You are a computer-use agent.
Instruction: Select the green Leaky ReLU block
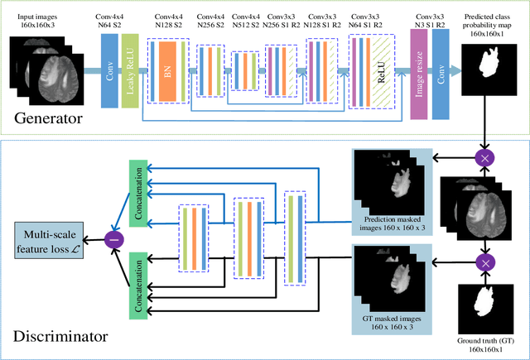point(130,73)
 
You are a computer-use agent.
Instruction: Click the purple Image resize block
point(418,73)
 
